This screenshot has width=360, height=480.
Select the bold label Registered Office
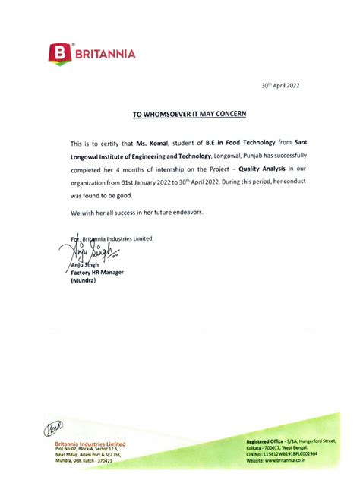[267, 441]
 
